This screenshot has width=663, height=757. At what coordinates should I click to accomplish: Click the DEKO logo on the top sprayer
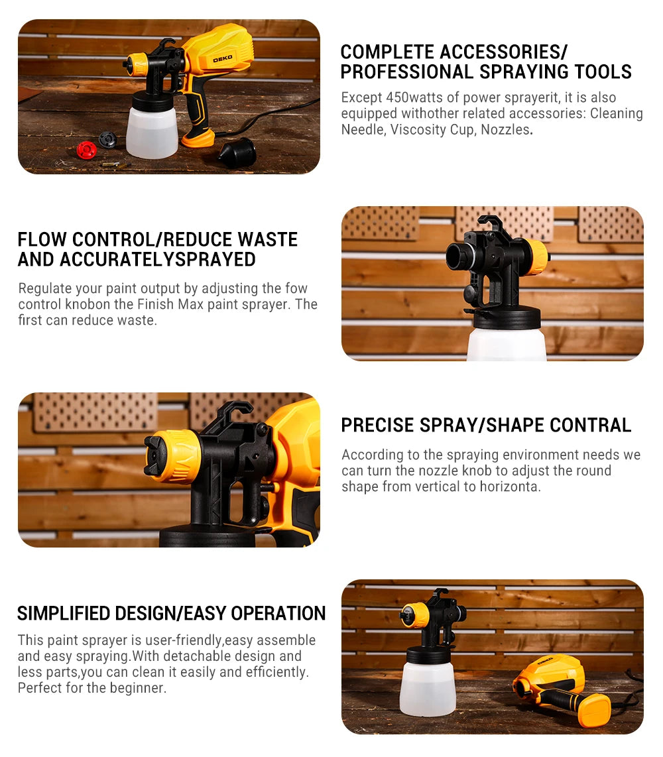(x=223, y=59)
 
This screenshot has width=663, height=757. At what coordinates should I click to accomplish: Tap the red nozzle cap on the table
(x=86, y=150)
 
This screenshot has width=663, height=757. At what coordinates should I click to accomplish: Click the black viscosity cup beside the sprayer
(x=237, y=153)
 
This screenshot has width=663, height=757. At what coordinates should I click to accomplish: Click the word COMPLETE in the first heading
(x=387, y=52)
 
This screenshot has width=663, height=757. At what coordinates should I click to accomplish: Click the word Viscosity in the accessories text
(x=418, y=130)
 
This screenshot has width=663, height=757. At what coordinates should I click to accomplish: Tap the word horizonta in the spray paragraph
(x=510, y=487)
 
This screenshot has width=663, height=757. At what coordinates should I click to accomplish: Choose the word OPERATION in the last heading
(x=278, y=614)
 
